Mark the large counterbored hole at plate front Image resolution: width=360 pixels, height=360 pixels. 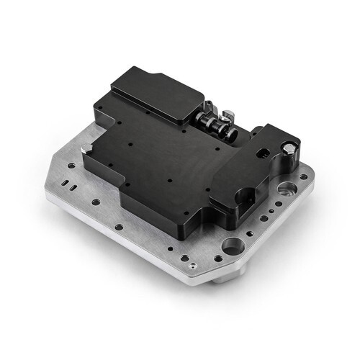(232, 246)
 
